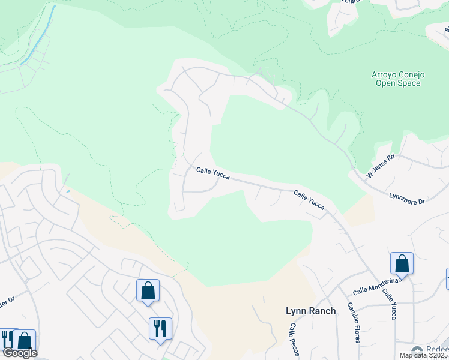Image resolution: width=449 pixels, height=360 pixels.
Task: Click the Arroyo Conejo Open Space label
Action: [398, 79]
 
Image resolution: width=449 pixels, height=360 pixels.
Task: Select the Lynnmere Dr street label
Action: [407, 199]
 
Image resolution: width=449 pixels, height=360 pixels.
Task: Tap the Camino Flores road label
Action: [352, 322]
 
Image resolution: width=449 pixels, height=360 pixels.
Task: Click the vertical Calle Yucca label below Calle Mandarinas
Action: [389, 304]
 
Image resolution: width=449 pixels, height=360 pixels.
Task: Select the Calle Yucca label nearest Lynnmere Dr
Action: [309, 200]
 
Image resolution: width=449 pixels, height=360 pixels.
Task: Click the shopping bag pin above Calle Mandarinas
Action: [402, 263]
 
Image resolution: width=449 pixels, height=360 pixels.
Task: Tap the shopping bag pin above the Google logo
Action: [25, 340]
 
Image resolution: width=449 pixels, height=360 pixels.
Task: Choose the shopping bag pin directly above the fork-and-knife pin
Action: [148, 291]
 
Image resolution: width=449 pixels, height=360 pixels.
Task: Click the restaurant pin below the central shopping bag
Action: [160, 329]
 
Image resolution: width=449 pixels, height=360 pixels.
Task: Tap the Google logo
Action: [19, 353]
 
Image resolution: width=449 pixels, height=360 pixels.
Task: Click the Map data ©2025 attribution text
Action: [424, 355]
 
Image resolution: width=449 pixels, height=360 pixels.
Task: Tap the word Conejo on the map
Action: [411, 74]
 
